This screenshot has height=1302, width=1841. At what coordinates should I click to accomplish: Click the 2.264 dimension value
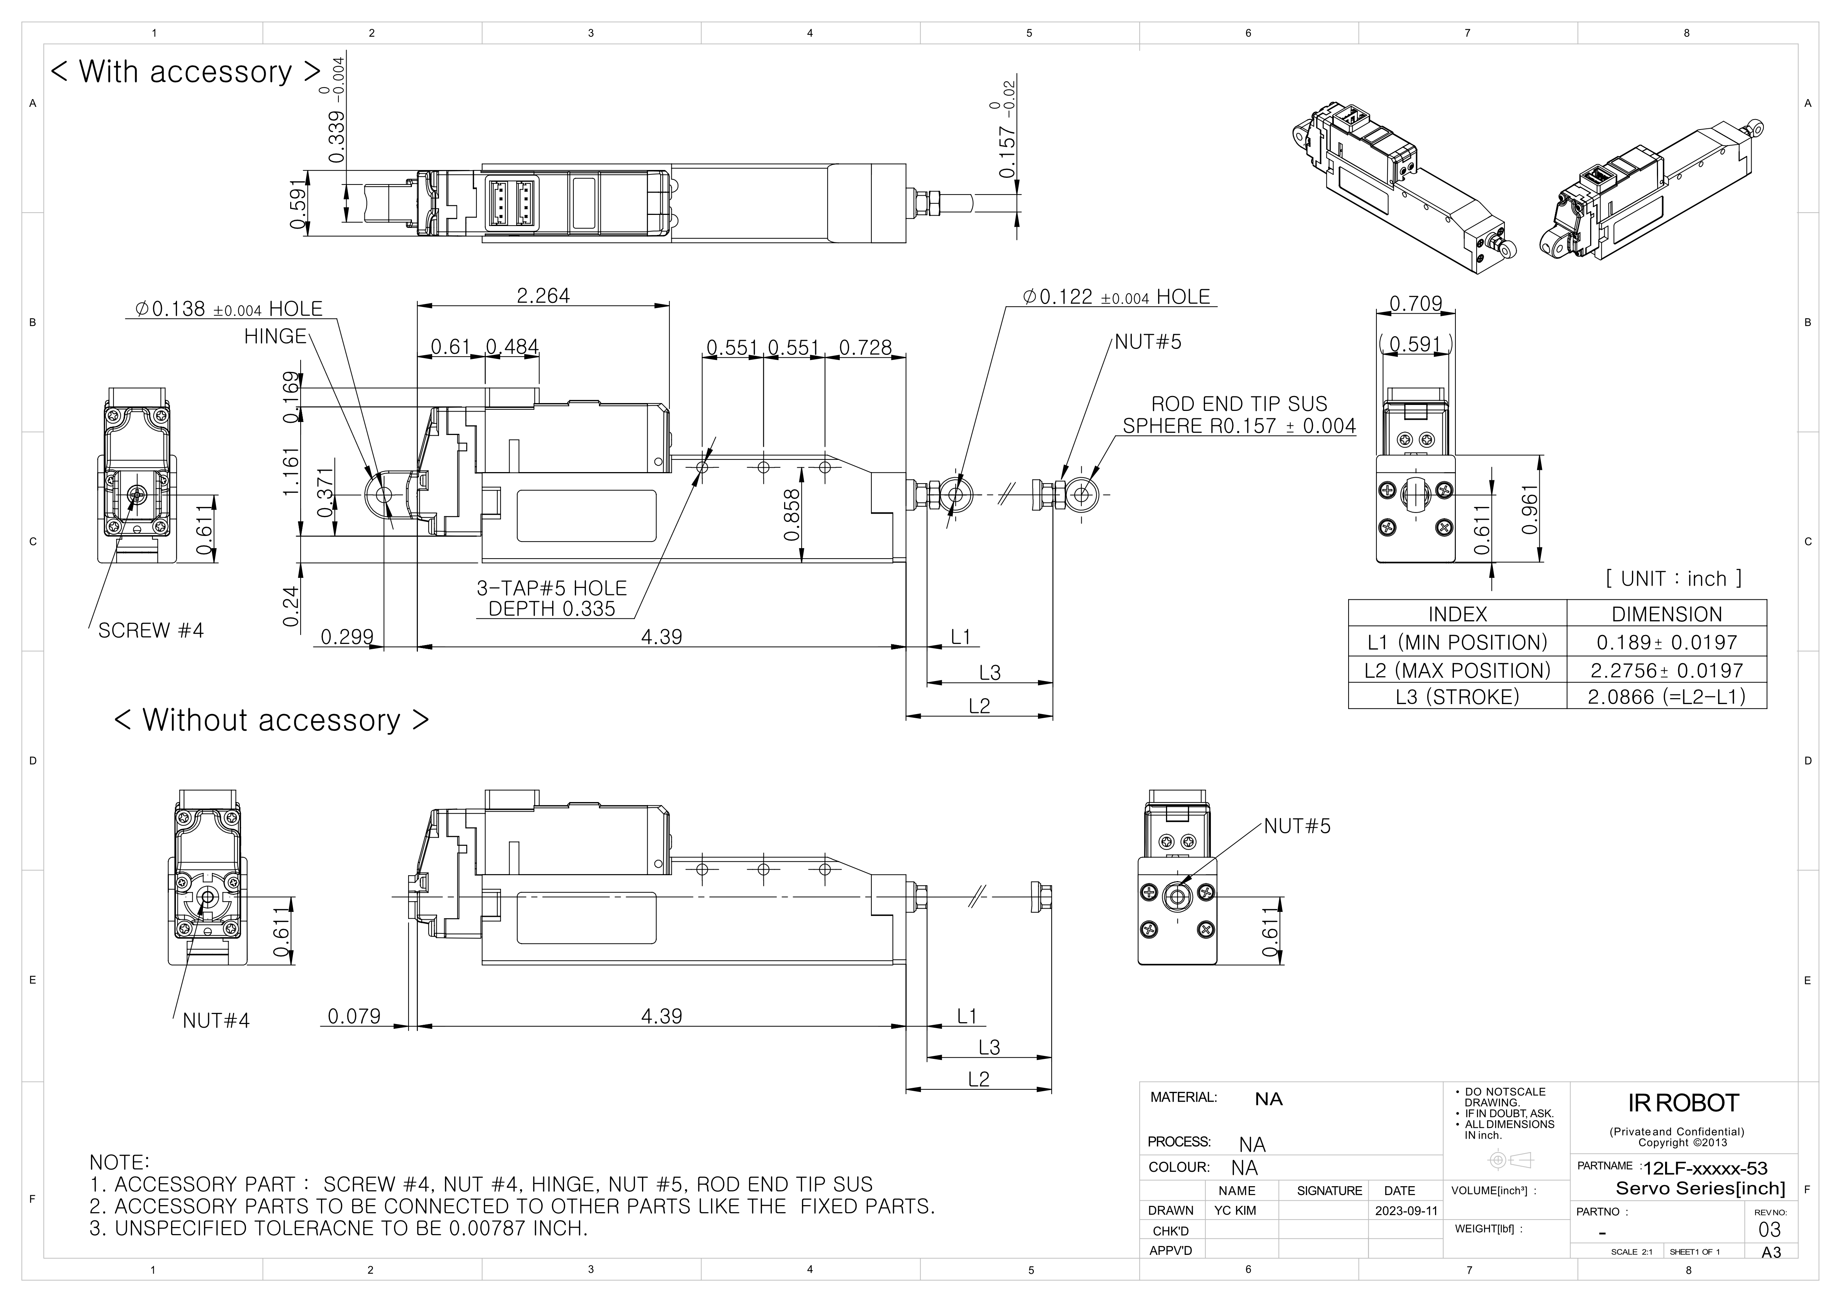pyautogui.click(x=543, y=296)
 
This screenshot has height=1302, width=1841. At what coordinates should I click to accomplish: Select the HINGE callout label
pyautogui.click(x=275, y=336)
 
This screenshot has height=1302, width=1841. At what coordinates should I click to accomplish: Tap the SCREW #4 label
pyautogui.click(x=151, y=631)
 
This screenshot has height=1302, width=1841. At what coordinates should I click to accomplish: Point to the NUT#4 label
pyautogui.click(x=216, y=1021)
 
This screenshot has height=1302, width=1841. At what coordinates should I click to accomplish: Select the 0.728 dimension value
pyautogui.click(x=865, y=348)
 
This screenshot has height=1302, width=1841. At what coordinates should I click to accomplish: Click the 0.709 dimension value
pyautogui.click(x=1415, y=304)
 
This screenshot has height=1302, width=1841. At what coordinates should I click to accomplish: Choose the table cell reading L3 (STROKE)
pyautogui.click(x=1457, y=697)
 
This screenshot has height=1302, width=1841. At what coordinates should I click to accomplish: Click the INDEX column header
pyautogui.click(x=1457, y=614)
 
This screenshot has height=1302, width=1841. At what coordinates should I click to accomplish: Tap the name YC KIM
pyautogui.click(x=1235, y=1211)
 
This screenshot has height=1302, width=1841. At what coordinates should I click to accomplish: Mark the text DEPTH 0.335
pyautogui.click(x=552, y=609)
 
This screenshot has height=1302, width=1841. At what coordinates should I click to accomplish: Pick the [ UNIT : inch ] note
pyautogui.click(x=1673, y=579)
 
